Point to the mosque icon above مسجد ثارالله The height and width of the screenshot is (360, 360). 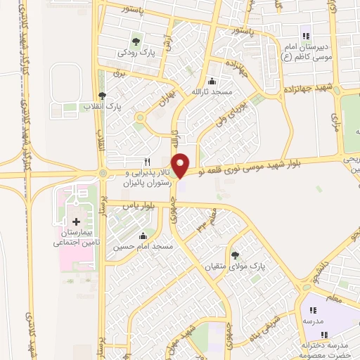pos(212,81)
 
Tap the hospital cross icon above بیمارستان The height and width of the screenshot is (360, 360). pos(76,221)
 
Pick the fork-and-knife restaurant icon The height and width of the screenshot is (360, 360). pos(146,161)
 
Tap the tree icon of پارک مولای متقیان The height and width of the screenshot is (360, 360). pos(234,256)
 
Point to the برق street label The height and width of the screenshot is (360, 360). pos(118,72)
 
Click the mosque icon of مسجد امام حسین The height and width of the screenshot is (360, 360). pos(143,236)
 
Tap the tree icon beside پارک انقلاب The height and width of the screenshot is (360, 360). pos(103,96)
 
